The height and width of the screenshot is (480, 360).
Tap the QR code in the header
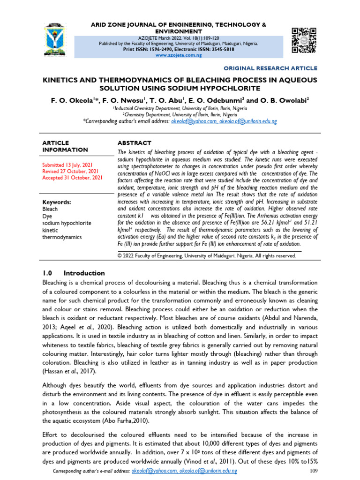304,41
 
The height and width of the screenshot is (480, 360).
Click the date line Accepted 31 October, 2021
73,178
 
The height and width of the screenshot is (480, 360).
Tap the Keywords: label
57,202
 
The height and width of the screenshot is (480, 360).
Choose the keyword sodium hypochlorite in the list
67,223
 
